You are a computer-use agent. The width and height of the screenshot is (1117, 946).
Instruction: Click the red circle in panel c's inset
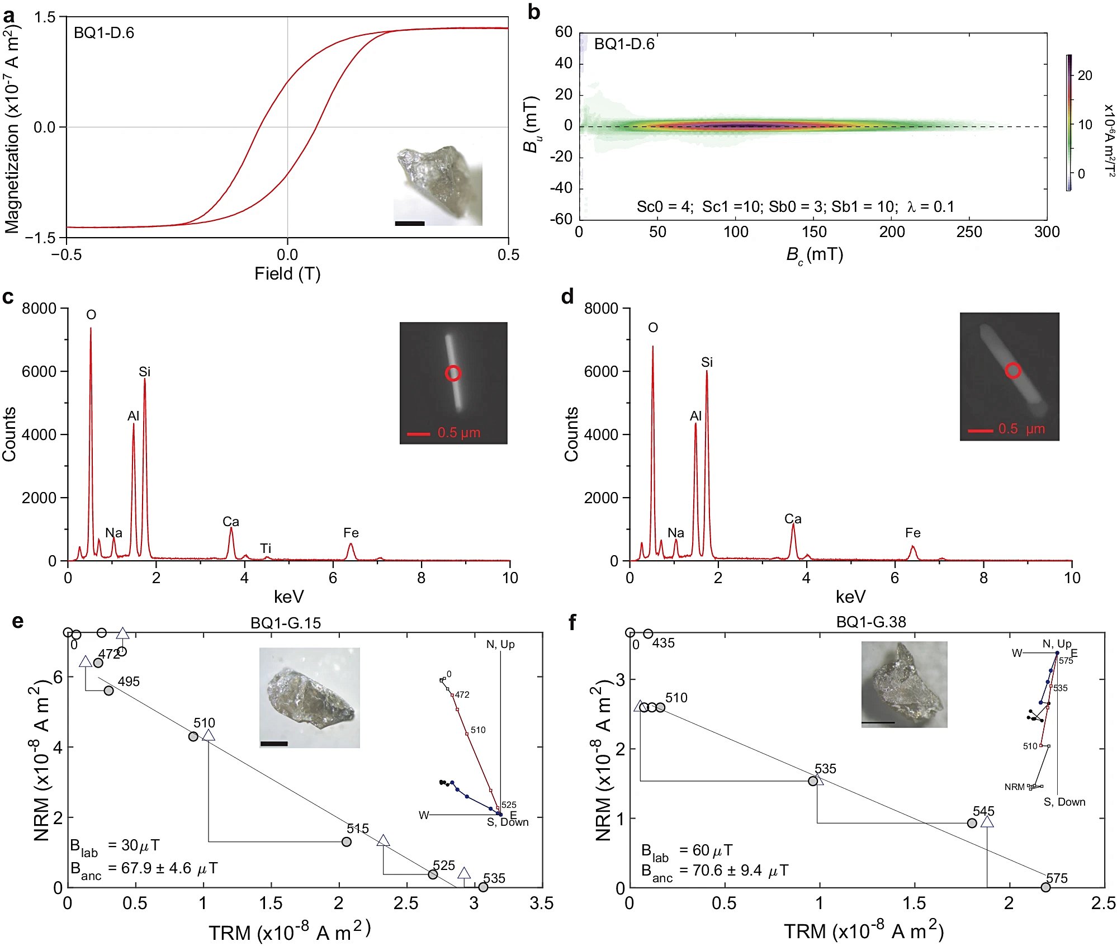(453, 373)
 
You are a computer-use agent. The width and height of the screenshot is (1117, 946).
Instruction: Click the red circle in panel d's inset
(1013, 370)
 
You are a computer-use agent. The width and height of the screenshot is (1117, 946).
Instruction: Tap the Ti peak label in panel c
(266, 548)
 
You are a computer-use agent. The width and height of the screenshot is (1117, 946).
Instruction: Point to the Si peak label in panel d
(707, 362)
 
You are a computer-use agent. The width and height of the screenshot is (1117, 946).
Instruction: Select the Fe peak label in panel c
(351, 533)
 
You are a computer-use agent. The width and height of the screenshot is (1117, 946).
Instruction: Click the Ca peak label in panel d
(793, 519)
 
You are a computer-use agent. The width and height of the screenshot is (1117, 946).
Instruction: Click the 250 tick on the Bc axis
(969, 232)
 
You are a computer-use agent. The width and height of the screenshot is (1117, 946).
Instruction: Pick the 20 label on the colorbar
(1085, 75)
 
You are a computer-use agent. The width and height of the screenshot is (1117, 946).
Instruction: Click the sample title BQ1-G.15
(286, 623)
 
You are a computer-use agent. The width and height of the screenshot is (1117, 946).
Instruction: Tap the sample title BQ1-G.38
(871, 622)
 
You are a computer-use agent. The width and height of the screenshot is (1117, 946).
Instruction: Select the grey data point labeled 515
(347, 841)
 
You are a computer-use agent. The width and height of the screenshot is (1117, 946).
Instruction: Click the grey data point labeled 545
(972, 823)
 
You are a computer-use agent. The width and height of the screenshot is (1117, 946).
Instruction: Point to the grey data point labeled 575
(1045, 887)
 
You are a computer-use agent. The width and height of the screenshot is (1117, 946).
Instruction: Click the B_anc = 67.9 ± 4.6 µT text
(144, 869)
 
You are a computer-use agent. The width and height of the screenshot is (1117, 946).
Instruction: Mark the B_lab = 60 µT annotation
(687, 851)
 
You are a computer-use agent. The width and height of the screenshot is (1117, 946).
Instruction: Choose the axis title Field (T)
(287, 273)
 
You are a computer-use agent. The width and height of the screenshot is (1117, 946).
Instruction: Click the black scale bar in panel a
(410, 224)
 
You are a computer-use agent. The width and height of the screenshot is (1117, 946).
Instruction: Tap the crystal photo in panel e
(310, 697)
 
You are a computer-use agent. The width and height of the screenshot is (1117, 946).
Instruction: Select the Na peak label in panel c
(113, 533)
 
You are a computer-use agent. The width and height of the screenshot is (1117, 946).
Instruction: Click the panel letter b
(534, 12)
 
